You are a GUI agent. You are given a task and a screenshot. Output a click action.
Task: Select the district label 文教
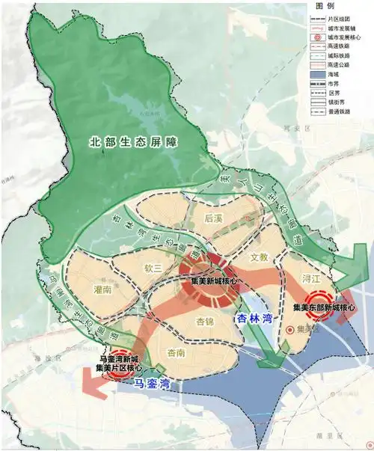tap(258, 257)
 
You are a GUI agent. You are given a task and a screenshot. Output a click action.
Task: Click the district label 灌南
tap(103, 288)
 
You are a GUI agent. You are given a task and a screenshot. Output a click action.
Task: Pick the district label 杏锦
tap(204, 322)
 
